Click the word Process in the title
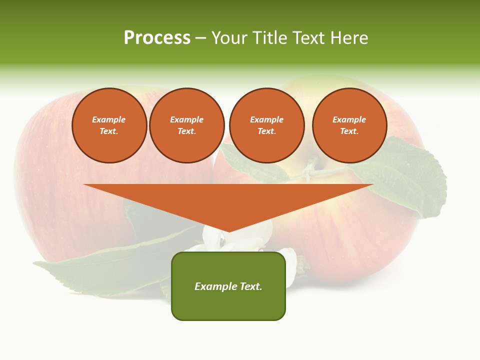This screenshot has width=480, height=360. [x=157, y=38]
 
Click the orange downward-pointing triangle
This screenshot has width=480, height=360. [x=228, y=200]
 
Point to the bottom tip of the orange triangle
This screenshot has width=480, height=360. [x=228, y=230]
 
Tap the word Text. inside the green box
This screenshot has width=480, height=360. [x=251, y=286]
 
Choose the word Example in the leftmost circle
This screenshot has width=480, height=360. [x=109, y=119]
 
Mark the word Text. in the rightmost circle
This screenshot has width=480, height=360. [x=349, y=131]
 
